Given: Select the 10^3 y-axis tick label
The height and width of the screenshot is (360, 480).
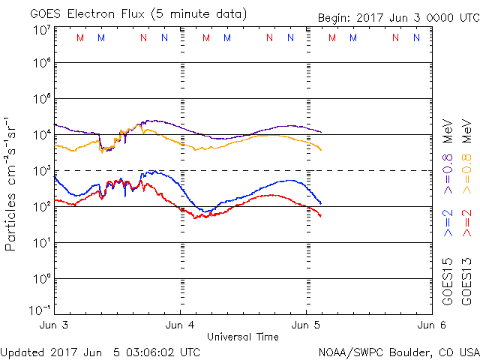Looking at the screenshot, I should (41, 171).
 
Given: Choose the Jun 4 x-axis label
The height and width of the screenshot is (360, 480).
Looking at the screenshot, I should (181, 325).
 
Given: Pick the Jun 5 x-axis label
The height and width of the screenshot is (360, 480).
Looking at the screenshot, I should (306, 325).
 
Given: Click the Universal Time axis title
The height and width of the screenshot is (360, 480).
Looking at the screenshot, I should (242, 337).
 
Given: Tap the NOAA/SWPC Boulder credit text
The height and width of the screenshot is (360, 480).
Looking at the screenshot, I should (398, 351).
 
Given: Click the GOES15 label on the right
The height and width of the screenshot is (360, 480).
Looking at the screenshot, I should (448, 281).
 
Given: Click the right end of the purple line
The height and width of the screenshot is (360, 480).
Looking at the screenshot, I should (321, 132).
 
